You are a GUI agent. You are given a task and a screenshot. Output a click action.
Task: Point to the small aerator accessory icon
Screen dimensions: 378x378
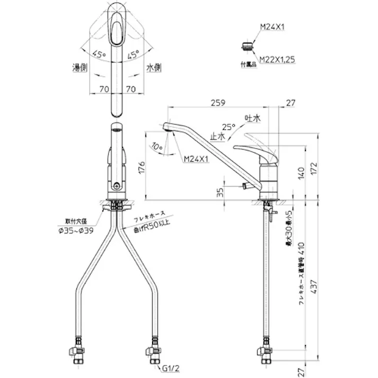pos(245,47)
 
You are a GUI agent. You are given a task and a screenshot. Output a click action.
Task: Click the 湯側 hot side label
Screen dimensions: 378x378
pos(81,68)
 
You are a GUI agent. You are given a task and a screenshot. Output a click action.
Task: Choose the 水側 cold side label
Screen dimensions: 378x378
pos(154,68)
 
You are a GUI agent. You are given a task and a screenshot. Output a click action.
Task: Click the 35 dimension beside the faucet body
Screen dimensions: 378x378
pos(221,193)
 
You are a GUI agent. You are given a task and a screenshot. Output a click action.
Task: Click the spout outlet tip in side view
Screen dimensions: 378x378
pos(166,127)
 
